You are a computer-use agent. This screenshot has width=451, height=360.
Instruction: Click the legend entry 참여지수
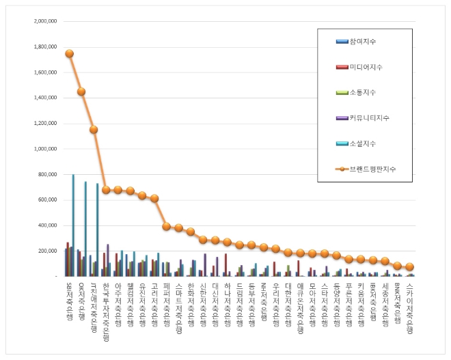click(362, 42)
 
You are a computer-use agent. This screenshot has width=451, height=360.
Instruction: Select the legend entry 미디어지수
click(366, 67)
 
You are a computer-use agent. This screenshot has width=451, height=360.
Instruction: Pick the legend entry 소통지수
click(362, 92)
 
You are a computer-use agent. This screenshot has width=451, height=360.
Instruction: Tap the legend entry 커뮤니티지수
click(369, 118)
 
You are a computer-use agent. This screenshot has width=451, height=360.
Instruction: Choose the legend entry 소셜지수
click(362, 143)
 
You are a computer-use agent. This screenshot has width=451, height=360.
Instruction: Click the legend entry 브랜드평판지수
click(372, 169)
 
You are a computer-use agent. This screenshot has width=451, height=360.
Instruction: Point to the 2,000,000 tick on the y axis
click(45, 21)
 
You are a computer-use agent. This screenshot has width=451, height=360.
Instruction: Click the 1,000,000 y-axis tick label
click(45, 149)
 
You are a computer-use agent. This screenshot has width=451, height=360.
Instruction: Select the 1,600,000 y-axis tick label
click(45, 72)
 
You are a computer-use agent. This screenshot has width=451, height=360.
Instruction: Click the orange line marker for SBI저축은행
click(69, 53)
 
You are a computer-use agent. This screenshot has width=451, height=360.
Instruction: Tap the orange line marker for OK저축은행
click(81, 92)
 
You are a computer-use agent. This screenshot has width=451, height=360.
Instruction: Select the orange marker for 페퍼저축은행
click(166, 226)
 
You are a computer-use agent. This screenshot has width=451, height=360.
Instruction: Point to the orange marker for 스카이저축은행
click(409, 267)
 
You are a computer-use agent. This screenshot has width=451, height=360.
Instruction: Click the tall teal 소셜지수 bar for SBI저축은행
click(73, 225)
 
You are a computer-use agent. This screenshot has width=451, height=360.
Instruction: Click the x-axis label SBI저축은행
click(69, 301)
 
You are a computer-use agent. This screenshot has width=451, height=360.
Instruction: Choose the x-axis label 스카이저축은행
click(409, 307)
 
